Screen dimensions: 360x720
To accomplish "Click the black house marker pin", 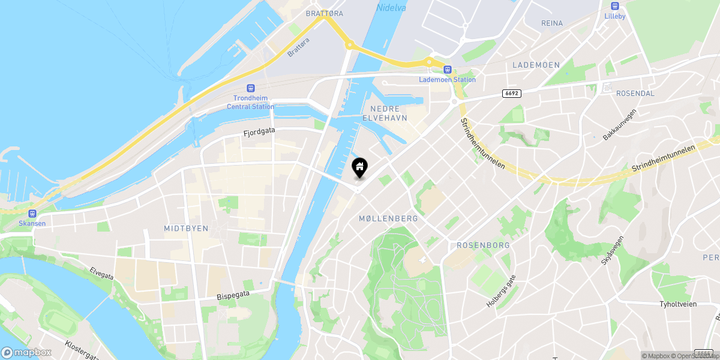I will (359, 167).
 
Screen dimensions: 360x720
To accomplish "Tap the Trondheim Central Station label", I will (250, 102).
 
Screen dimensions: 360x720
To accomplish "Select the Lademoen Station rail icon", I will (447, 69).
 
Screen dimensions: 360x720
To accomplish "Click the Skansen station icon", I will (32, 213).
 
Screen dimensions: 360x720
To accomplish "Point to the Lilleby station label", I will (615, 16).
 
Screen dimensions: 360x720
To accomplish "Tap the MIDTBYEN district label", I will (186, 229).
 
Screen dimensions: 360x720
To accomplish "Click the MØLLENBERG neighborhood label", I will (388, 218).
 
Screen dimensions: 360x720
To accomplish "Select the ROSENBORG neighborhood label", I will (483, 245).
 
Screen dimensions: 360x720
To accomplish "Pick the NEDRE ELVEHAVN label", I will (385, 113).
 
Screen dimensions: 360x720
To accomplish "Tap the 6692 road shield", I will (511, 93).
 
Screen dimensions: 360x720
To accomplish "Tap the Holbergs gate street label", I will (501, 291).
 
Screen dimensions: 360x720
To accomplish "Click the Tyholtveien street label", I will (678, 304).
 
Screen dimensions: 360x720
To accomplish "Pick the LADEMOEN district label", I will (536, 65).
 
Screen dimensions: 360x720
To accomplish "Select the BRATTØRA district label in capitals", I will (324, 13).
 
